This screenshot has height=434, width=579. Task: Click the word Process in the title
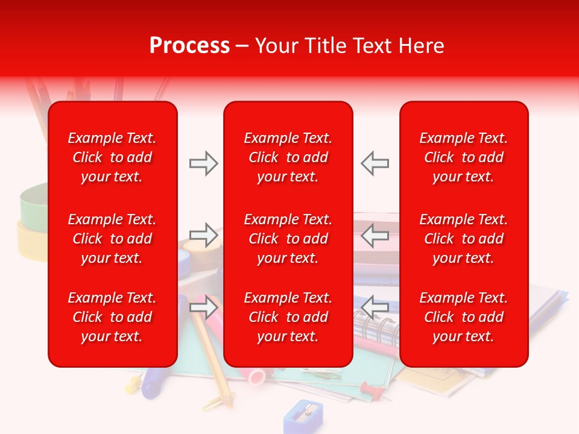(189, 45)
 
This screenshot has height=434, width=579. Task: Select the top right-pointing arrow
(204, 163)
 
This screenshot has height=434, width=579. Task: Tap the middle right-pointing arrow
(204, 235)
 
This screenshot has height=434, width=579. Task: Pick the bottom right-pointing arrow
(204, 307)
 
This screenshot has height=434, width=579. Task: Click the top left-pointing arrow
(375, 163)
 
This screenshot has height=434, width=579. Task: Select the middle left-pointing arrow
(375, 235)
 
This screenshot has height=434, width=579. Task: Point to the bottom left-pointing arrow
(375, 307)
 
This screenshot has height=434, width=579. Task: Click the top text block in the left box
(112, 157)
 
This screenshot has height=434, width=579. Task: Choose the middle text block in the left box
(112, 239)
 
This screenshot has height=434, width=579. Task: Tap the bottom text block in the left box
(112, 317)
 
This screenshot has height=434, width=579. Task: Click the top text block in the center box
(288, 157)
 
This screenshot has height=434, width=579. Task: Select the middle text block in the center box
(288, 239)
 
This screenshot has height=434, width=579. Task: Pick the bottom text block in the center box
(288, 317)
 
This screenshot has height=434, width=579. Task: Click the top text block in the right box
(464, 157)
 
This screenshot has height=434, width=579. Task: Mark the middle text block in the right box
(464, 239)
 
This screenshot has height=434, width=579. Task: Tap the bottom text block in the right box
(464, 317)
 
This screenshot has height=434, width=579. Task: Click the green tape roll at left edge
(33, 202)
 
